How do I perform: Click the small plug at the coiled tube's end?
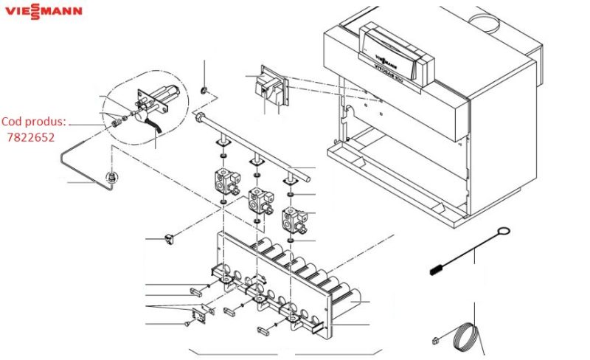437,340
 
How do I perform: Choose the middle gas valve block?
257,199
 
